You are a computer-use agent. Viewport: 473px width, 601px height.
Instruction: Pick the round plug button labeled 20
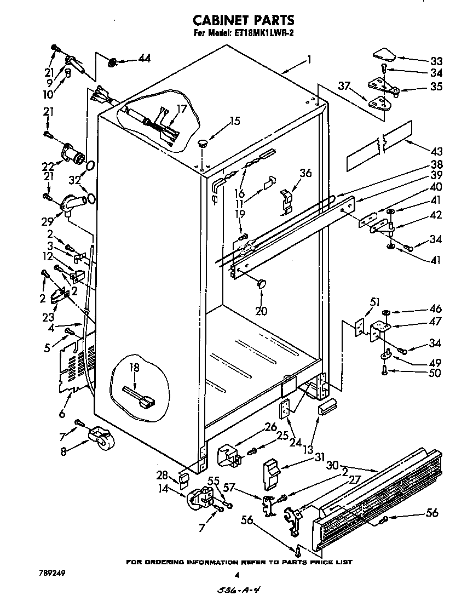(x=262, y=283)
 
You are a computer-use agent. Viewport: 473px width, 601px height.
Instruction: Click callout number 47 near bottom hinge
(x=436, y=323)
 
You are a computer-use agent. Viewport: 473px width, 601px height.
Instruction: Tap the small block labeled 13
(x=328, y=408)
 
